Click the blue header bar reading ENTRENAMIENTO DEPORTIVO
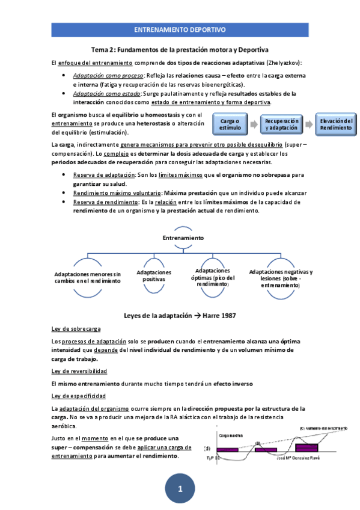(179, 29)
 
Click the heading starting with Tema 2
(179, 49)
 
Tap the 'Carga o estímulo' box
(230, 124)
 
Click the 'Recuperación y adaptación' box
(281, 124)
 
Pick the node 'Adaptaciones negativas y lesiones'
(281, 278)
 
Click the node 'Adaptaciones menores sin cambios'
(87, 277)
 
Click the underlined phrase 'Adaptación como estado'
(106, 94)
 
